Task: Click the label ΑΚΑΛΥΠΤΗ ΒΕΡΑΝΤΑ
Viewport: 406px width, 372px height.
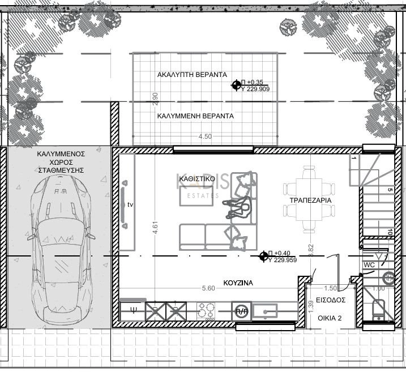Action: (191, 75)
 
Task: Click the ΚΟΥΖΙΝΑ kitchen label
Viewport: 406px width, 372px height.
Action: (238, 282)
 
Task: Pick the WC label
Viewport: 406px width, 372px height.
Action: (370, 264)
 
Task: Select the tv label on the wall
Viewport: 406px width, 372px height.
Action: (130, 204)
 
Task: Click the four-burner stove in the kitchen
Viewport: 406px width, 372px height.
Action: (205, 311)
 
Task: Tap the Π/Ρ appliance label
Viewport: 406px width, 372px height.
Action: (241, 311)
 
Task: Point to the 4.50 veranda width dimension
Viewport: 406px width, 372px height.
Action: (205, 136)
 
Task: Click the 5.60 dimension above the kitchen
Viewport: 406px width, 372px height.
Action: (208, 288)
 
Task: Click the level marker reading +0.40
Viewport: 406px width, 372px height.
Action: (263, 256)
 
